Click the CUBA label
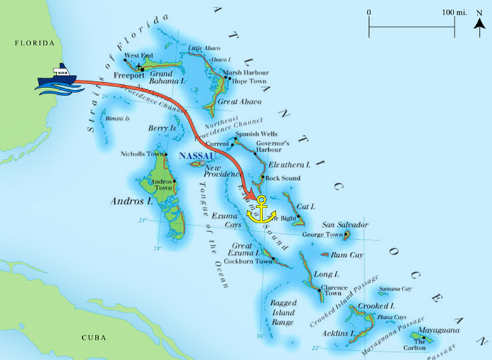pyautogui.click(x=93, y=337)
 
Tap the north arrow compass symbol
pyautogui.click(x=479, y=23)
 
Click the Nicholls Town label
pyautogui.click(x=141, y=154)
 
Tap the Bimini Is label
pyautogui.click(x=118, y=118)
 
